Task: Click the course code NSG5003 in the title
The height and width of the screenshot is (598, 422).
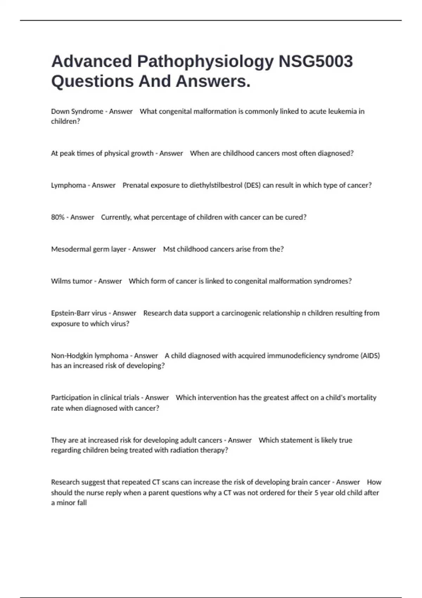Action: click(315, 62)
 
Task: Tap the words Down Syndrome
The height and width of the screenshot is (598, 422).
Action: click(77, 112)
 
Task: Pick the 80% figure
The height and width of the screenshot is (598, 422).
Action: click(58, 217)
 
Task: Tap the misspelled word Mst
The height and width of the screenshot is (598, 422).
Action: click(169, 249)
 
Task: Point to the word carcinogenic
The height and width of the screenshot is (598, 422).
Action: click(242, 313)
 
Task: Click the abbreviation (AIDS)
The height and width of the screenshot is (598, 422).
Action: click(370, 356)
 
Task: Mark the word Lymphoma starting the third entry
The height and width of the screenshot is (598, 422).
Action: click(68, 185)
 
